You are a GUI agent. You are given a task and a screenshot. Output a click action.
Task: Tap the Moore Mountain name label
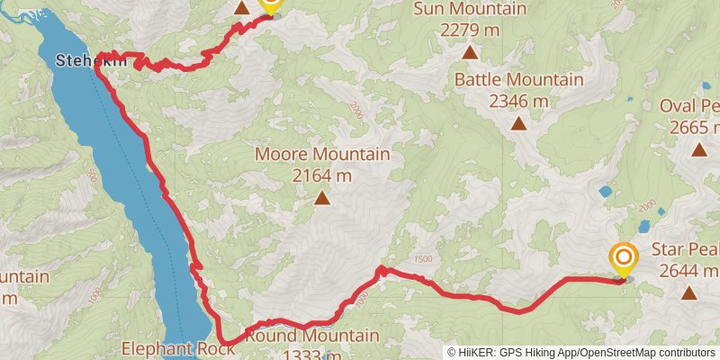(x=322, y=154)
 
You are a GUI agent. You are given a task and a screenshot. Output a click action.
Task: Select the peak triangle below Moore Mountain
(x=322, y=196)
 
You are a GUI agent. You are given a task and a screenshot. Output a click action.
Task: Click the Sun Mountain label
(x=469, y=9)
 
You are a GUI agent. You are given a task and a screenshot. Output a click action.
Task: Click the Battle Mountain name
(x=518, y=79)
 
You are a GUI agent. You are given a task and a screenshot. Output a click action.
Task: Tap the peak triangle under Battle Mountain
(x=518, y=123)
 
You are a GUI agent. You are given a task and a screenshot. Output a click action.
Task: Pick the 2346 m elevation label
(x=518, y=101)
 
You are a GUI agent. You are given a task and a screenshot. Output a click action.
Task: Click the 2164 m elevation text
(x=322, y=175)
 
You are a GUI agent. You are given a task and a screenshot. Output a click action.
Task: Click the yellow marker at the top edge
(x=270, y=5)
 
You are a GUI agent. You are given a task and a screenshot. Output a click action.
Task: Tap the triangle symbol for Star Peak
(x=688, y=292)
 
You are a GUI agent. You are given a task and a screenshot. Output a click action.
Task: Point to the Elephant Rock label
(x=178, y=347)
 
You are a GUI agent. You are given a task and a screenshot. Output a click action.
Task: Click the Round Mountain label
(x=311, y=337)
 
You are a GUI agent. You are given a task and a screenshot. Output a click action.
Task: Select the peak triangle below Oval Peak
(x=698, y=149)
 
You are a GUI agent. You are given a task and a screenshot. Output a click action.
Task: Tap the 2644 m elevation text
(x=688, y=270)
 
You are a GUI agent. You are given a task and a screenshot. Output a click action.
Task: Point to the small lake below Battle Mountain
(x=605, y=191)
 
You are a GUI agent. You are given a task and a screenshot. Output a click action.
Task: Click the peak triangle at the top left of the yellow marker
(x=242, y=7)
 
